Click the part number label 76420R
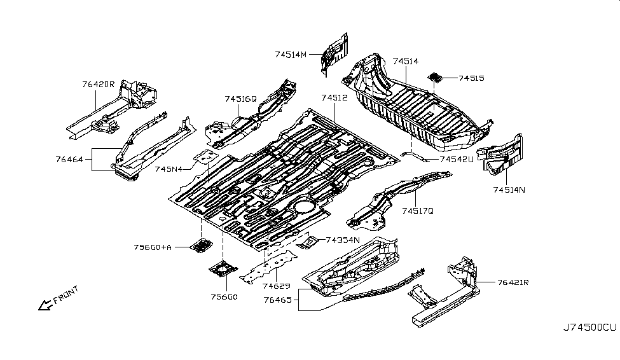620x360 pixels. [x=98, y=84]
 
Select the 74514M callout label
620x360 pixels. [x=291, y=55]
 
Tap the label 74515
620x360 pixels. [x=471, y=78]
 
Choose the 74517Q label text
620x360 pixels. [x=417, y=210]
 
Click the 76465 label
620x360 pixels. [x=281, y=297]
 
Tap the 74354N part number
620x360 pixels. [x=343, y=240]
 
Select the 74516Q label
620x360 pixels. [x=240, y=99]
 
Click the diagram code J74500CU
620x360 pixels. [x=589, y=328]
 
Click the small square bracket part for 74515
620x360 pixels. [x=436, y=78]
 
